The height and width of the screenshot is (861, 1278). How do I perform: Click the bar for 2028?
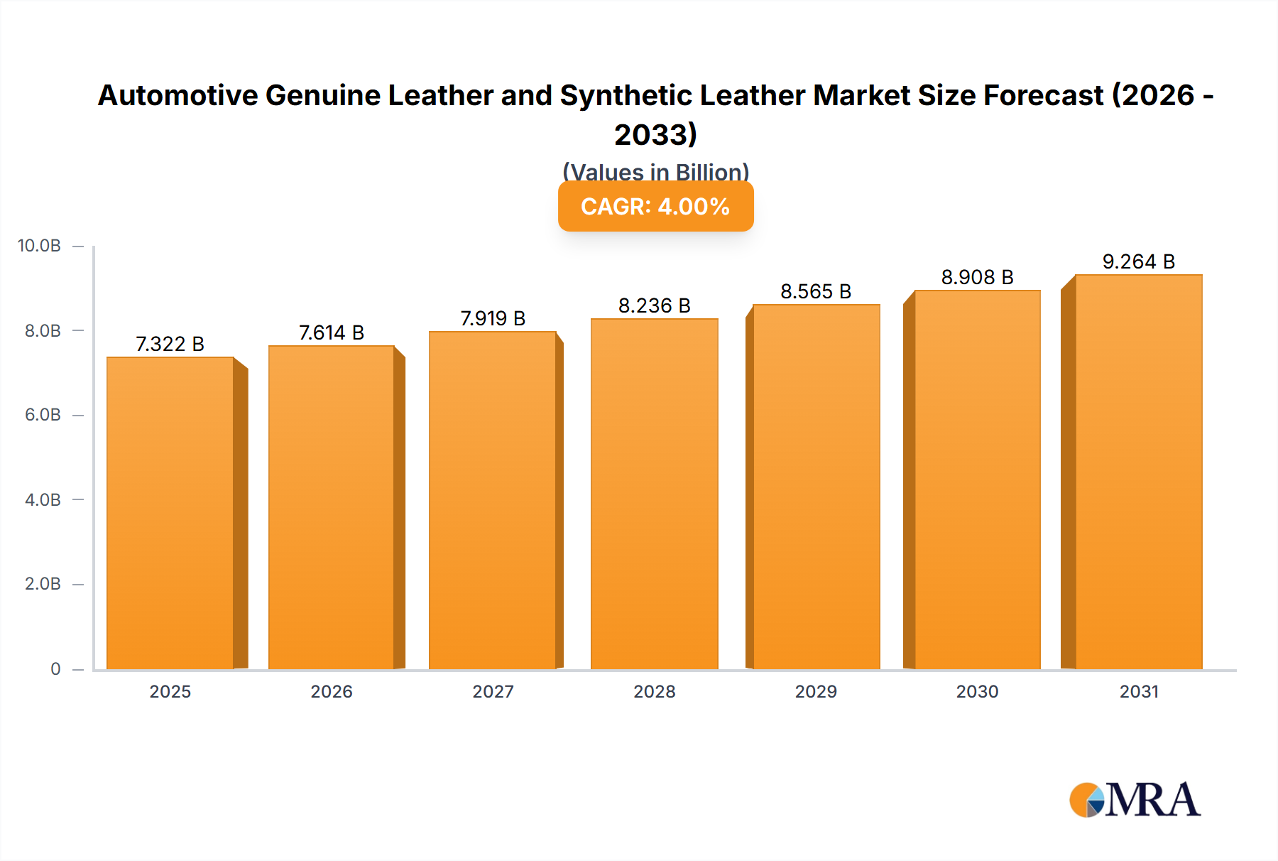(x=654, y=494)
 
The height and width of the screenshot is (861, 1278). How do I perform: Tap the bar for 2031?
(x=1138, y=472)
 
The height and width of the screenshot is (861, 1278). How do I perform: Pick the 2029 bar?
(x=816, y=487)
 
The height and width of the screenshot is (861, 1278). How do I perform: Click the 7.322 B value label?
(x=170, y=344)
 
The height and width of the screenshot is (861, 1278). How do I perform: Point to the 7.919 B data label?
(x=493, y=318)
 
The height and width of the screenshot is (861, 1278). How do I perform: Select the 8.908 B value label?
(x=977, y=277)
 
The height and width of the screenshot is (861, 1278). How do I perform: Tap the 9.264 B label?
(x=1138, y=261)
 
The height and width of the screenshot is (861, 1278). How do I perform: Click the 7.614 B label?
(x=331, y=332)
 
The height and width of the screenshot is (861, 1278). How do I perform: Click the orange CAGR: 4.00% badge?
(x=655, y=206)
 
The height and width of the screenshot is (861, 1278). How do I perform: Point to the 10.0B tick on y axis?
(x=40, y=246)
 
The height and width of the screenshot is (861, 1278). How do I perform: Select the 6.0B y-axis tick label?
(x=43, y=415)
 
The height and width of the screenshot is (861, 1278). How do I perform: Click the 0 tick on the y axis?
(x=55, y=668)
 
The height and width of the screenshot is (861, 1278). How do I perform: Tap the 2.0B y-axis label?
(x=43, y=584)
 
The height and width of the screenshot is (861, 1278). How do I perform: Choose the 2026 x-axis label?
(x=331, y=691)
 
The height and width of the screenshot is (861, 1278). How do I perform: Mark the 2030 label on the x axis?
(x=977, y=691)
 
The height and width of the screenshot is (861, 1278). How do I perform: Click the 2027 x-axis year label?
(x=493, y=691)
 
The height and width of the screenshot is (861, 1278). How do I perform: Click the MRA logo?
(x=1135, y=800)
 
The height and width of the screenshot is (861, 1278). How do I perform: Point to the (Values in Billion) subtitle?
(x=655, y=171)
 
